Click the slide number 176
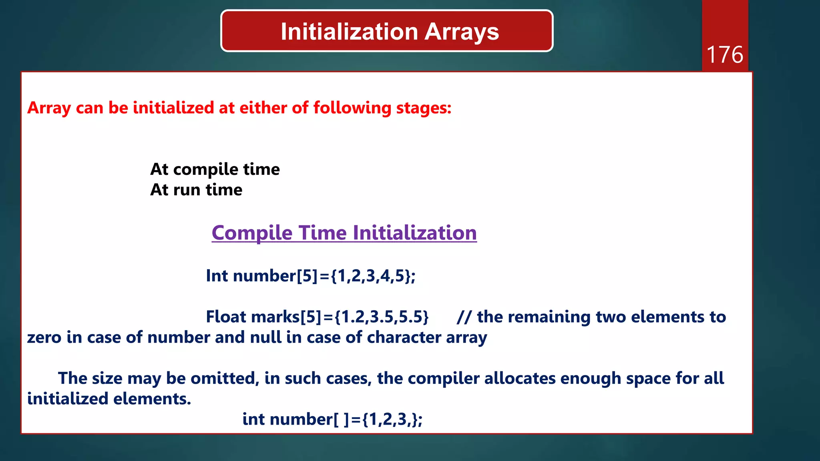tap(725, 55)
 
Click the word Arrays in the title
tap(462, 32)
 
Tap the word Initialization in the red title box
tap(350, 32)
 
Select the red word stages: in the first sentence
tap(424, 108)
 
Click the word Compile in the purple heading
tap(252, 233)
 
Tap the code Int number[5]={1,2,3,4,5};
tap(311, 276)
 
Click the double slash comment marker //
tap(464, 317)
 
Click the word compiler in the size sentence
tap(443, 379)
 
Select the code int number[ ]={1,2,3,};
tap(332, 419)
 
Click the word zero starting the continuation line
tap(44, 337)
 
